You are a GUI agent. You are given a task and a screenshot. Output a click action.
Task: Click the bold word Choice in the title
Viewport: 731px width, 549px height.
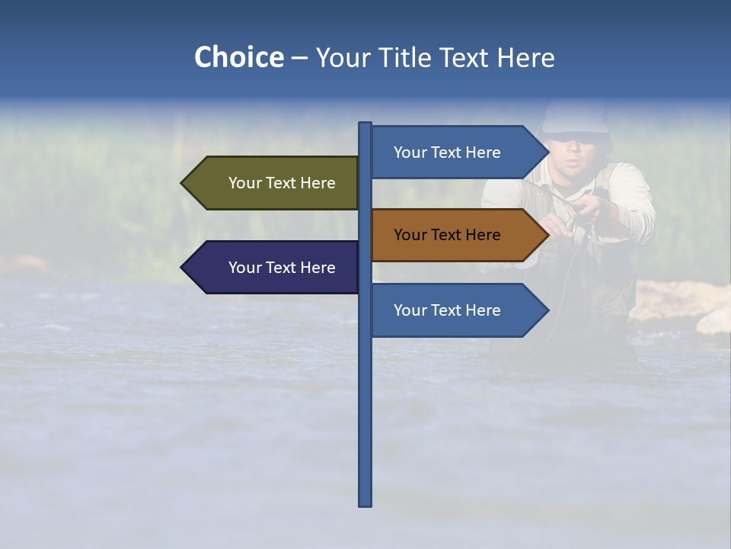click(238, 57)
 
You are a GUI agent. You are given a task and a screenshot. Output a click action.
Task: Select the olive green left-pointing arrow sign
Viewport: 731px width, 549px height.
click(274, 183)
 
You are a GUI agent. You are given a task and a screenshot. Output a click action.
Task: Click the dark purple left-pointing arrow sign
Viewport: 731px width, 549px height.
click(274, 268)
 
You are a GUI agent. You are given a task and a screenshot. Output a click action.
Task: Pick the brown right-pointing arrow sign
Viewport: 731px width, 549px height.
click(457, 235)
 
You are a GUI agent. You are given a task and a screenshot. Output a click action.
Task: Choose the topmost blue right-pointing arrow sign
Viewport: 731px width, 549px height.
click(457, 152)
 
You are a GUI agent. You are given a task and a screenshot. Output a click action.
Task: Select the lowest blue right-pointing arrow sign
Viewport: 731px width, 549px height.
click(457, 310)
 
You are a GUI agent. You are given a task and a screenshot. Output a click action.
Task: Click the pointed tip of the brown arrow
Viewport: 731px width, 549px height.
click(547, 235)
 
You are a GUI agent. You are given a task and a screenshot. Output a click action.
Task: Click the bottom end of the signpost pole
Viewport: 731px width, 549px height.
click(365, 503)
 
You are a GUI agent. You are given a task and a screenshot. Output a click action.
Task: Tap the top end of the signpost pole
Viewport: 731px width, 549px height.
click(365, 124)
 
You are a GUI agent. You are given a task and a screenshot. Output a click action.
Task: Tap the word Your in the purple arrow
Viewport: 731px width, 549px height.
click(244, 268)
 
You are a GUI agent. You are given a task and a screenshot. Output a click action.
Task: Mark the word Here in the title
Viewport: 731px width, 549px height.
click(525, 57)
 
